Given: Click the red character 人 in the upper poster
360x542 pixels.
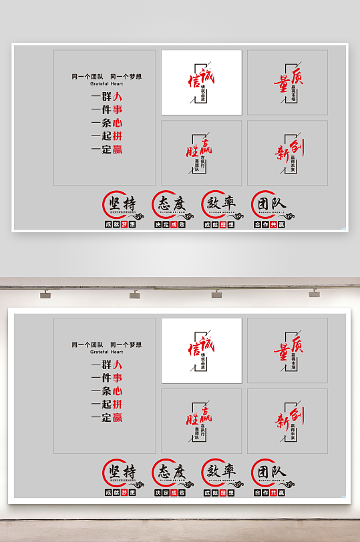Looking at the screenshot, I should [x=118, y=96].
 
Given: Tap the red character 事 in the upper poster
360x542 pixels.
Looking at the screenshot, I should [x=118, y=109].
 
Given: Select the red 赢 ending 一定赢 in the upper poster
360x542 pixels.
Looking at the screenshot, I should [x=118, y=150].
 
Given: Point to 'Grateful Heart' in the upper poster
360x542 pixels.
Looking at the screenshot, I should [x=107, y=84].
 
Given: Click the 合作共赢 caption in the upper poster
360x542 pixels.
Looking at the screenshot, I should [x=270, y=225].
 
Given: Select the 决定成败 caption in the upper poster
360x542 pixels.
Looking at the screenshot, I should [x=170, y=225].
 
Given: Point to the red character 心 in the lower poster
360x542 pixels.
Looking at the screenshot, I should [x=118, y=391].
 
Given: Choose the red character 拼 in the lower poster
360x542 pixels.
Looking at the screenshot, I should [x=118, y=404].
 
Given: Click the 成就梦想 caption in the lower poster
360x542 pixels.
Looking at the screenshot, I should [x=120, y=493].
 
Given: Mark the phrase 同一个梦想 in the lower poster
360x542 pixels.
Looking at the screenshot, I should [x=126, y=345].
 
